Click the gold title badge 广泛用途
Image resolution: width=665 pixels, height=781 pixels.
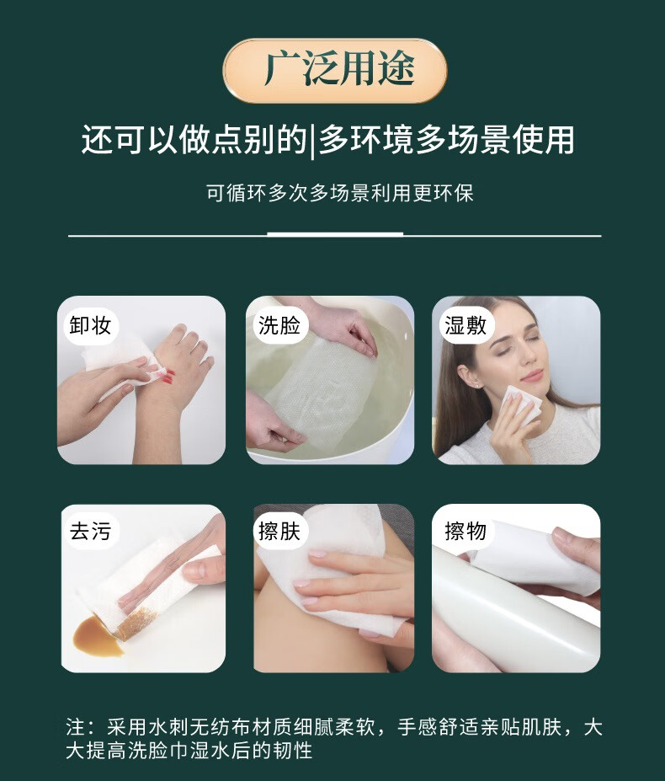tap(334, 71)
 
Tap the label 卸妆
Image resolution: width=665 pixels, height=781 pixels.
tap(90, 325)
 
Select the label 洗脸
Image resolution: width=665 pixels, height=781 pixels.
tap(279, 325)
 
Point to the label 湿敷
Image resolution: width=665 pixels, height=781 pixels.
tap(465, 325)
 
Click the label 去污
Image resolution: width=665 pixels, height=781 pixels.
tap(90, 531)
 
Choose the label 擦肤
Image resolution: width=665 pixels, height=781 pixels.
tap(279, 531)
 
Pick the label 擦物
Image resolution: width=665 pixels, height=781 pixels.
tap(465, 531)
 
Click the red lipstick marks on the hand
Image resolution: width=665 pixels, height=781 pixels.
tap(167, 376)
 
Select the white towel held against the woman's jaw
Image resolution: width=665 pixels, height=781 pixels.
tap(519, 406)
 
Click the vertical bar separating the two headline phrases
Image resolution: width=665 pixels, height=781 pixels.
tap(312, 141)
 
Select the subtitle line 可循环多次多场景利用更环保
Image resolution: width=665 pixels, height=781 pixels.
tap(339, 193)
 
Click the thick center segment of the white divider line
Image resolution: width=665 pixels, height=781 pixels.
tap(335, 234)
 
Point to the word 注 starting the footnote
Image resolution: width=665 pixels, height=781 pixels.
tap(76, 727)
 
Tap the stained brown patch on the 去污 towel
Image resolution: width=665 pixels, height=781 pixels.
tap(136, 623)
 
